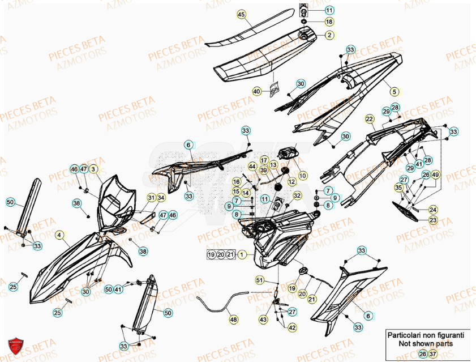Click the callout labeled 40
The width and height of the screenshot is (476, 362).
coord(256,91)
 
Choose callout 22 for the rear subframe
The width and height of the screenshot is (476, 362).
coord(370,119)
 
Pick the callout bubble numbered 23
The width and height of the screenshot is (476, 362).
coord(432,220)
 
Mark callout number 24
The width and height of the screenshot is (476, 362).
coord(432,209)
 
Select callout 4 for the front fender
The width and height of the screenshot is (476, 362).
coord(59,234)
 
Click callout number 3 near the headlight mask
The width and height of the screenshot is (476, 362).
coord(94,169)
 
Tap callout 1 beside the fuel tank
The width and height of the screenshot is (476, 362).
coord(242,255)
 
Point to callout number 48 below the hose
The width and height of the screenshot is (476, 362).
coord(233,321)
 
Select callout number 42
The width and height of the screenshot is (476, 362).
coord(292,327)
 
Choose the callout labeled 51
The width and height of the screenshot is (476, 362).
coord(259,280)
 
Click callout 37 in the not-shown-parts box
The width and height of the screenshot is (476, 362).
coord(434,354)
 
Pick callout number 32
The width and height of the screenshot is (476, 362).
coord(298,195)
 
